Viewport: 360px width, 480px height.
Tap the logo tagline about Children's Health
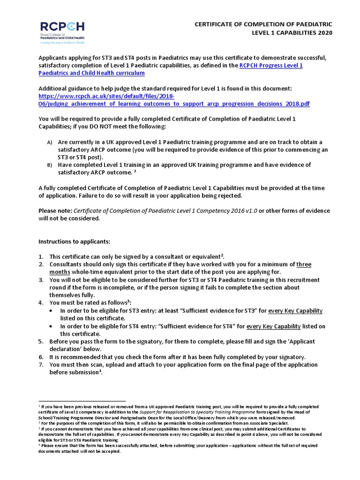click(62, 43)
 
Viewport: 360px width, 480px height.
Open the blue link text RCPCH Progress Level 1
click(270, 65)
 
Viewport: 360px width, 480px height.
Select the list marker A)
click(49, 142)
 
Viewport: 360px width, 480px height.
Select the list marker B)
click(49, 165)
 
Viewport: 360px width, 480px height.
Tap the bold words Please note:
click(55, 210)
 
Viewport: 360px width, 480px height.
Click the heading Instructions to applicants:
click(74, 241)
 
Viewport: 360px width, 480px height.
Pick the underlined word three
click(304, 264)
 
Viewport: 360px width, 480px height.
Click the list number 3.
click(41, 280)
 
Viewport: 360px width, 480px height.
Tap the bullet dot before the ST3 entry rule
click(51, 311)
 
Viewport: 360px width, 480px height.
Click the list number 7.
click(41, 365)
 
